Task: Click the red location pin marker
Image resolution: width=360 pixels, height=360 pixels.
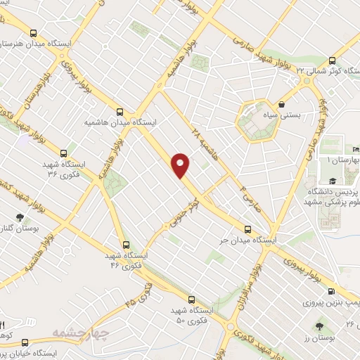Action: [181, 166]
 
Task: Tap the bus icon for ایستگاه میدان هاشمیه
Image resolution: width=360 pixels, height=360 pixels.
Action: [120, 111]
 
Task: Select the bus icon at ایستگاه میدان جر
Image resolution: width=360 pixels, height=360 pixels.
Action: [247, 229]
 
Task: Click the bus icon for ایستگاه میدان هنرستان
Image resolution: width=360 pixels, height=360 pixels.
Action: [34, 32]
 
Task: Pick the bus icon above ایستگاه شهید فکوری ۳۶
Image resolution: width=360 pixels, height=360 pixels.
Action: [64, 152]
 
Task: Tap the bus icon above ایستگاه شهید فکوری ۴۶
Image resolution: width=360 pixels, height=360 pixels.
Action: [125, 245]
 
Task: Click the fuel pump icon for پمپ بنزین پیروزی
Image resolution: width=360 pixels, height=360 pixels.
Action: [330, 290]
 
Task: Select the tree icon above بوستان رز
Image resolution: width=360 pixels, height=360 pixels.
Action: [320, 327]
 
